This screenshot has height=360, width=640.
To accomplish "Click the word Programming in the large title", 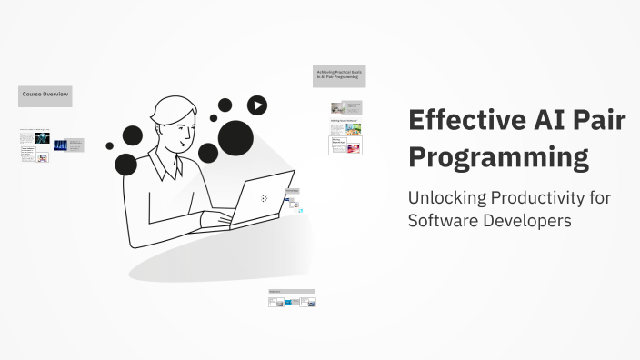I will pyautogui.click(x=498, y=156).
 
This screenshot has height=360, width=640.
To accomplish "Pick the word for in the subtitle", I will pyautogui.click(x=599, y=197).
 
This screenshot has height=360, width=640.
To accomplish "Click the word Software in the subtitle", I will pyautogui.click(x=443, y=221).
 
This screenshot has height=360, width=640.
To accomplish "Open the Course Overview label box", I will pyautogui.click(x=45, y=95).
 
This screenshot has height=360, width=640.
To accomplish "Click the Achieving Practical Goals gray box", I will pyautogui.click(x=339, y=75).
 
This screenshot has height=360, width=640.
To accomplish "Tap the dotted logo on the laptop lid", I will pyautogui.click(x=264, y=197).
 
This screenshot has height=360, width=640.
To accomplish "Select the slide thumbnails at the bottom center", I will pyautogui.click(x=292, y=299).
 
